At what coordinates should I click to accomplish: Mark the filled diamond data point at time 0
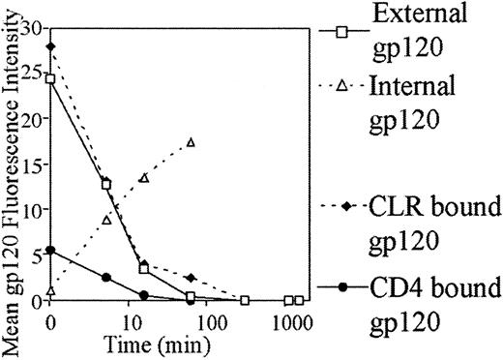coord(50,46)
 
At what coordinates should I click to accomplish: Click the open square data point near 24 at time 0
coord(50,78)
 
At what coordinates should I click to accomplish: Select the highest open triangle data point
coord(191,142)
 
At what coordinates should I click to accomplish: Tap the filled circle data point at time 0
coord(50,250)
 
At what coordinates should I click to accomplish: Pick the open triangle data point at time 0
coord(50,289)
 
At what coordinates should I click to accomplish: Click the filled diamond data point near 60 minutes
coord(191,278)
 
